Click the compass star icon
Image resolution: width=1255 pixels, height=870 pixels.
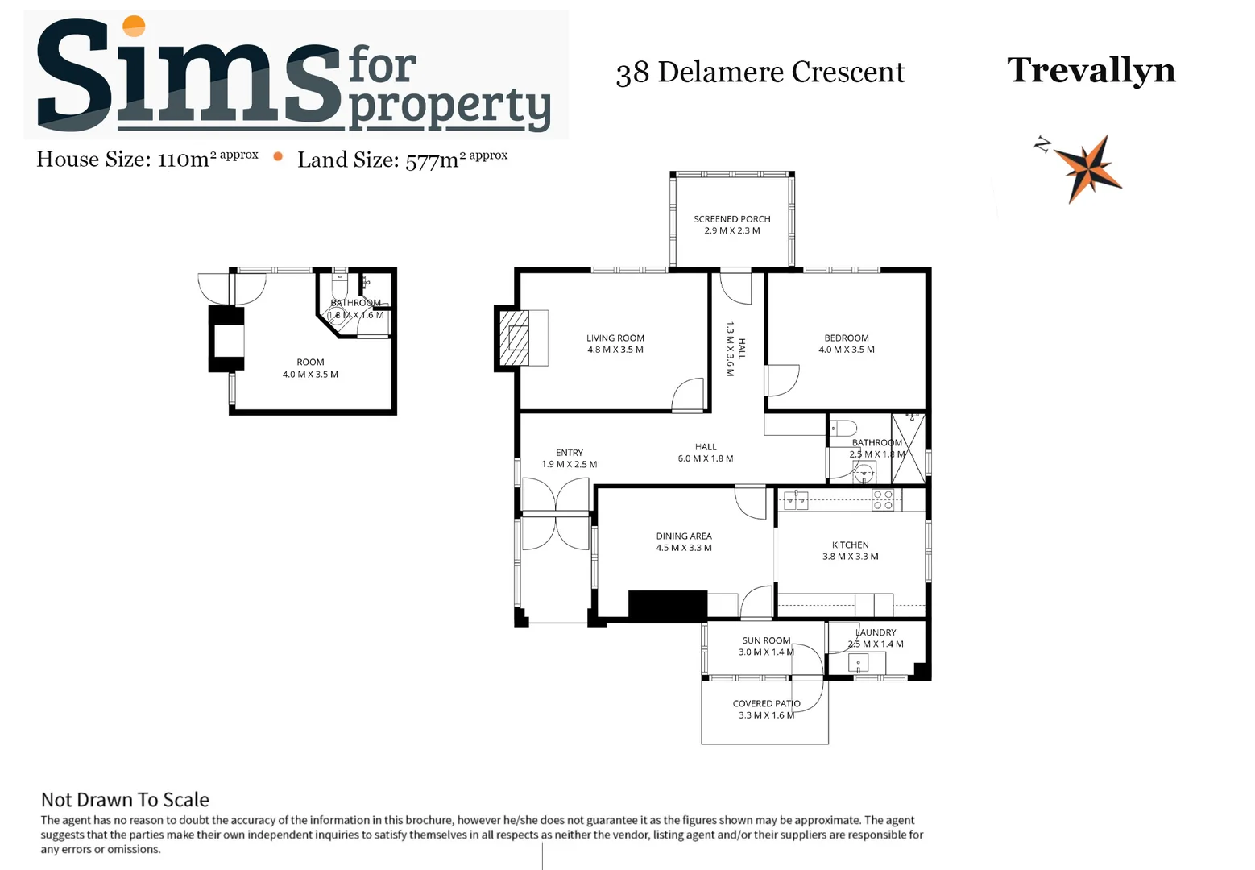(1087, 168)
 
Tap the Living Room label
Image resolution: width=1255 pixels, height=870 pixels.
(615, 344)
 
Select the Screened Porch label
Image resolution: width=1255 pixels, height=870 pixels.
(731, 225)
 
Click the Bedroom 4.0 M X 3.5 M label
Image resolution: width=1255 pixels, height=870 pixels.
(846, 344)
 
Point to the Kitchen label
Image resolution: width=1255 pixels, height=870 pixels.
(850, 551)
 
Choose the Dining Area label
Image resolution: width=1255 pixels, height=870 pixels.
(683, 542)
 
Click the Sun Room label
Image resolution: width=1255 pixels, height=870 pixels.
(765, 646)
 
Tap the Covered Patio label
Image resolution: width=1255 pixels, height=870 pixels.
(766, 709)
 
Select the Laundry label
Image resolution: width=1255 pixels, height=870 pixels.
(876, 638)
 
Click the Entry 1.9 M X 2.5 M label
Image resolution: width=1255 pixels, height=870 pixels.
(569, 458)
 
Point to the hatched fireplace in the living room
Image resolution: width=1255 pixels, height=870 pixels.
(516, 338)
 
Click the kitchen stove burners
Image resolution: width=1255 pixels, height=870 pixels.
(883, 500)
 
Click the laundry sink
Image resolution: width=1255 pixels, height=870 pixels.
(858, 664)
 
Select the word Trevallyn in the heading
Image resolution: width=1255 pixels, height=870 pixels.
(1091, 70)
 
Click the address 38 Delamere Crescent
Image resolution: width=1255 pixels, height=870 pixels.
(760, 72)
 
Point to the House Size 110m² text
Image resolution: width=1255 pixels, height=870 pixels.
(147, 159)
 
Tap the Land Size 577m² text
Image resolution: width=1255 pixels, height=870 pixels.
(402, 159)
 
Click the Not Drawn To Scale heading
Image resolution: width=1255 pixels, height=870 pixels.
(125, 800)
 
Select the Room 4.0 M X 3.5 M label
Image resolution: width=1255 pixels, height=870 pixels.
(310, 368)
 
